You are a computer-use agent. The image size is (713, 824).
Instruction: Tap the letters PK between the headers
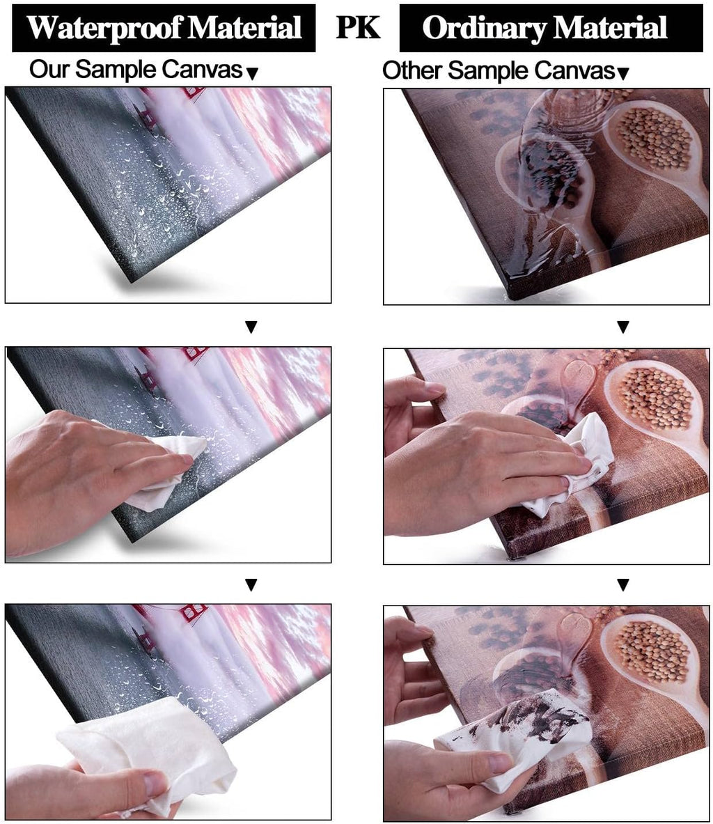tap(358, 27)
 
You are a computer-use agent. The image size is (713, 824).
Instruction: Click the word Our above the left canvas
tap(49, 69)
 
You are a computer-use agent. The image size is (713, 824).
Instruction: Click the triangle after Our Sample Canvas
tap(252, 74)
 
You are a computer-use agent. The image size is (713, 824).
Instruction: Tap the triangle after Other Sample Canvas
tap(622, 74)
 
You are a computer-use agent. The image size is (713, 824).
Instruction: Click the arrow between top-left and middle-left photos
tap(251, 327)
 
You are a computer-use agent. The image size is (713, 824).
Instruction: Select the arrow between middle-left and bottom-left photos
tap(251, 584)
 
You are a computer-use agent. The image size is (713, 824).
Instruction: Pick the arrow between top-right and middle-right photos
tap(622, 327)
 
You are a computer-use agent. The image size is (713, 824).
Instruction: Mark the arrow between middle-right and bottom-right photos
tap(622, 584)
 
